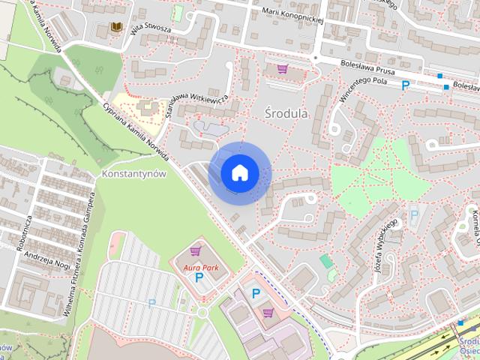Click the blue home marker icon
(239, 172)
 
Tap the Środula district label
(286, 113)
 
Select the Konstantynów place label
(130, 174)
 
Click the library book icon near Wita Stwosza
(116, 27)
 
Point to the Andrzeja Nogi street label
(46, 259)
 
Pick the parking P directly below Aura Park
(199, 277)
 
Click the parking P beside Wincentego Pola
(406, 86)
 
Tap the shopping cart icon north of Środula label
(283, 69)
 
